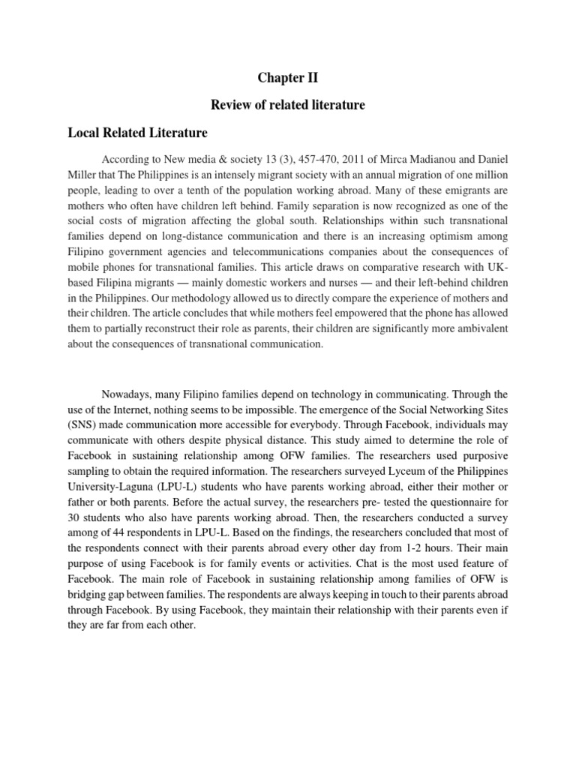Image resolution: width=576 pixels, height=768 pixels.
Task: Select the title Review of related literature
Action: (x=288, y=105)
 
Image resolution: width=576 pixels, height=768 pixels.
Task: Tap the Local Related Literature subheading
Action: (x=137, y=133)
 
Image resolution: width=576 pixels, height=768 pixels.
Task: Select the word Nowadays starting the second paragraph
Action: (x=130, y=394)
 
